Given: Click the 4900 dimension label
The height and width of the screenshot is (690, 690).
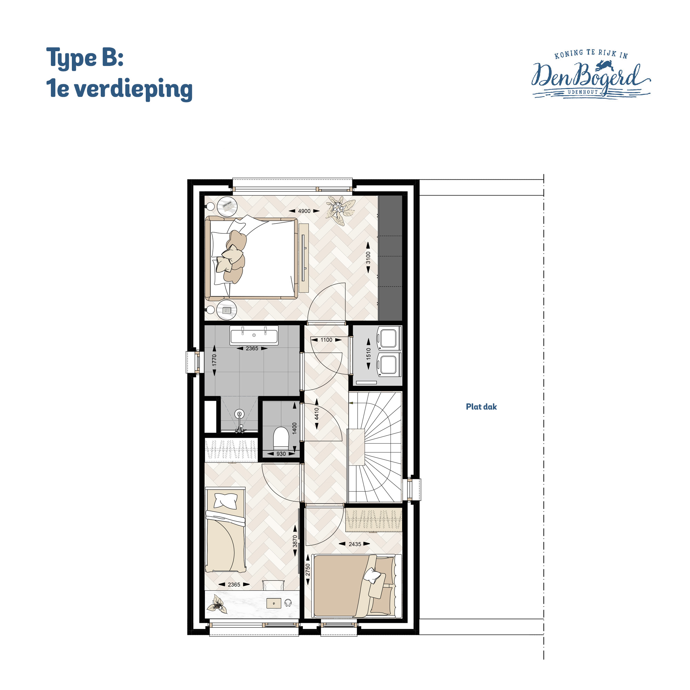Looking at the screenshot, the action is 304,211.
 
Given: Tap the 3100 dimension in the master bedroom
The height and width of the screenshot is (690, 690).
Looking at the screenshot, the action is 368,257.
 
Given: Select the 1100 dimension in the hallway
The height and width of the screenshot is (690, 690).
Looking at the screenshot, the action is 326,340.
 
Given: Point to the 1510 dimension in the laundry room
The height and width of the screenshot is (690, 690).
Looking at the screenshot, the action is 369,354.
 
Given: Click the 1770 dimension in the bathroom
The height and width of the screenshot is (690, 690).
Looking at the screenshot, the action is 215,360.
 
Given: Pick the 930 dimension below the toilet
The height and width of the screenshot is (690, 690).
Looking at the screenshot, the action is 281,454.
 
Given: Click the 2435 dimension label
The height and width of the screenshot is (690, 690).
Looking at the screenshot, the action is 355,544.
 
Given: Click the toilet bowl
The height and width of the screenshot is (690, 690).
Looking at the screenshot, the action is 281,439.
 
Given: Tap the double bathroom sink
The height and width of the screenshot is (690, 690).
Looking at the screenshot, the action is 254,335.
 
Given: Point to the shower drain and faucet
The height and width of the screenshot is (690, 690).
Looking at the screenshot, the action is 239,421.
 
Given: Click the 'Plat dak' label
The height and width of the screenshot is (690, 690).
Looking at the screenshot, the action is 481,407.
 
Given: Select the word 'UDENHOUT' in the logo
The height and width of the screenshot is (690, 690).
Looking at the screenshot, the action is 583,92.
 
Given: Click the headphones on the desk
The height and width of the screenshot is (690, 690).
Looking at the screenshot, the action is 288,603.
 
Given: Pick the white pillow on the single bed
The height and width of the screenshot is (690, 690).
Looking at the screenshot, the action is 225,500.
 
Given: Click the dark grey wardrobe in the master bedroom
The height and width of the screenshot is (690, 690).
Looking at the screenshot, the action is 390,258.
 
